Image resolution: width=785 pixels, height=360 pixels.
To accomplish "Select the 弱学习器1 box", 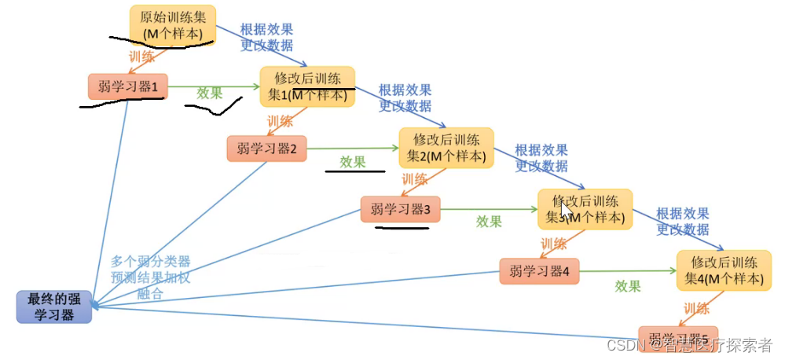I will click(x=127, y=86).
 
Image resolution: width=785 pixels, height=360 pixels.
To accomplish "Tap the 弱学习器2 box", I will click(x=266, y=149).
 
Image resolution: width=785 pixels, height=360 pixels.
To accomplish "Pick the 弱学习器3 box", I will click(x=400, y=209).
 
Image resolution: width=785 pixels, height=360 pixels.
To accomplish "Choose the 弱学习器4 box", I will click(x=539, y=271).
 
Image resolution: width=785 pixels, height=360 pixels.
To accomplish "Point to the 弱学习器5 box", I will click(x=677, y=336).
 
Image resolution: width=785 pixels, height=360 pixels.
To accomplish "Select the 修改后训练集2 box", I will click(x=446, y=148).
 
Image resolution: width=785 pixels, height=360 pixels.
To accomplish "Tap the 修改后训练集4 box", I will click(x=724, y=270).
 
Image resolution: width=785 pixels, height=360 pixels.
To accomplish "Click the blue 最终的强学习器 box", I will click(x=54, y=307).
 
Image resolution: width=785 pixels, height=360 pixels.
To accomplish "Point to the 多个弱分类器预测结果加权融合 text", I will click(x=150, y=277).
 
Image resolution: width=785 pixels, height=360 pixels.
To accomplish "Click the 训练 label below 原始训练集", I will click(x=141, y=57).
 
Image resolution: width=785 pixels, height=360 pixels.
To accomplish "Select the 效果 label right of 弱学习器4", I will click(x=627, y=286).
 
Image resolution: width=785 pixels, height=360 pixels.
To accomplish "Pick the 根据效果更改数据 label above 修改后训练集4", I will click(x=682, y=222).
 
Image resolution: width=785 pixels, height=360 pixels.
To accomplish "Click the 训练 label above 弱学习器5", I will click(x=696, y=308).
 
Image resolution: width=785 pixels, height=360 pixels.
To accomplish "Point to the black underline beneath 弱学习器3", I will click(x=401, y=229).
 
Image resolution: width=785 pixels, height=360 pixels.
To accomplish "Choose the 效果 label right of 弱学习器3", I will click(x=489, y=222).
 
